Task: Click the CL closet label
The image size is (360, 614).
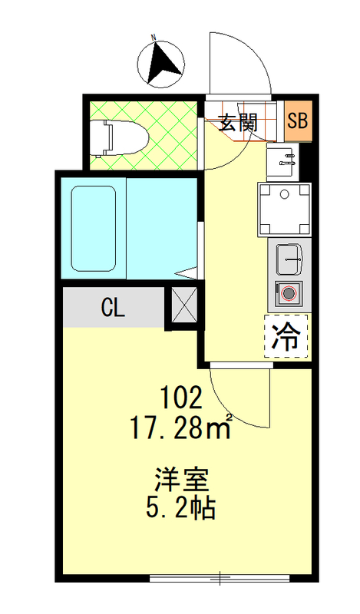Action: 113,308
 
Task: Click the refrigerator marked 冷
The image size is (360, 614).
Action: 286,336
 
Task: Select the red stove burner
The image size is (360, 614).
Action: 288,292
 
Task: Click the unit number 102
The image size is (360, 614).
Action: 182,398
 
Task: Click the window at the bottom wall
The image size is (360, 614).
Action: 220,576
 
